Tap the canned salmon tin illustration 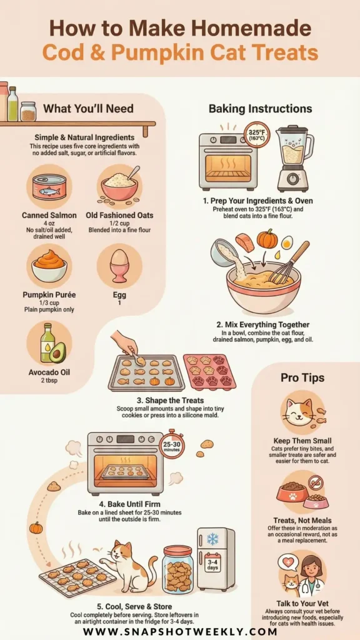49,187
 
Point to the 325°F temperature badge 257,135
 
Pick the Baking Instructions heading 261,109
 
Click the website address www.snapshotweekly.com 180,631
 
